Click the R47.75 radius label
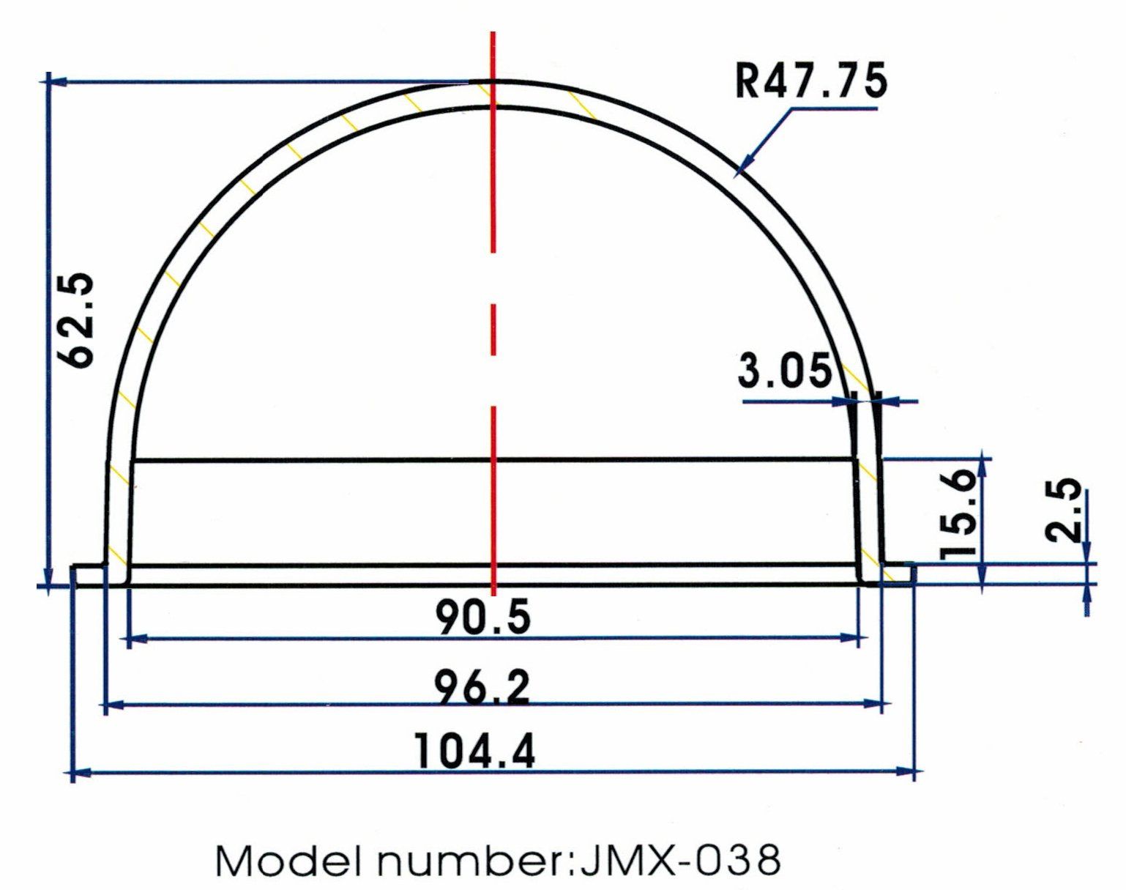point(811,81)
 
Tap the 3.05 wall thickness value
point(784,371)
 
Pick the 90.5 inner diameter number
point(483,617)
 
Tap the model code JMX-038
point(679,860)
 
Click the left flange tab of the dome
point(89,575)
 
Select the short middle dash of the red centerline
point(493,329)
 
